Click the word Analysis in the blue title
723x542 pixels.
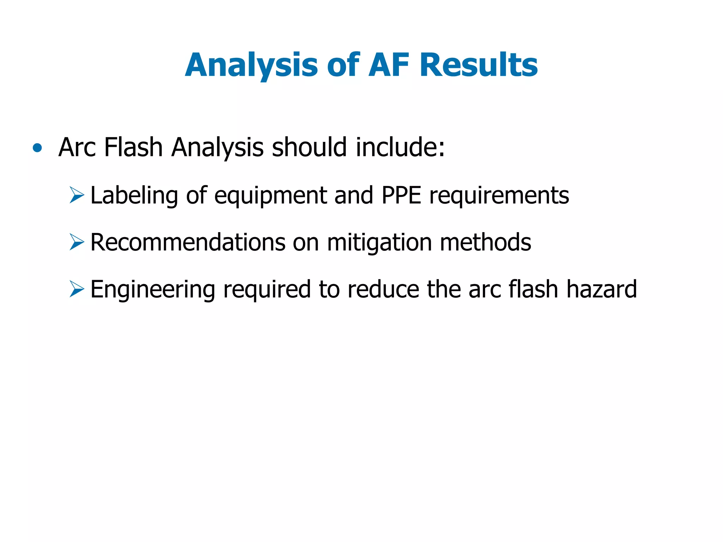251,65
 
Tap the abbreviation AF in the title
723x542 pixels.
389,65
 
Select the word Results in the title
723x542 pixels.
479,65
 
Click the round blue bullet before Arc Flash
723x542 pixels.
37,148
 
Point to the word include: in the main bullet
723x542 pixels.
400,147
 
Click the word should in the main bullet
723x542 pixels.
309,147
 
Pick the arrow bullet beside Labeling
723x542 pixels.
77,195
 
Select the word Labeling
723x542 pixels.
134,195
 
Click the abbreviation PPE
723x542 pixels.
401,195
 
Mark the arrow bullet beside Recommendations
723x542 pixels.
77,242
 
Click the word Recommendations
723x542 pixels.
188,242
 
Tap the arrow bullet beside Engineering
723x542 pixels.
77,289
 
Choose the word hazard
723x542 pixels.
602,289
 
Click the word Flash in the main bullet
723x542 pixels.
133,147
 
